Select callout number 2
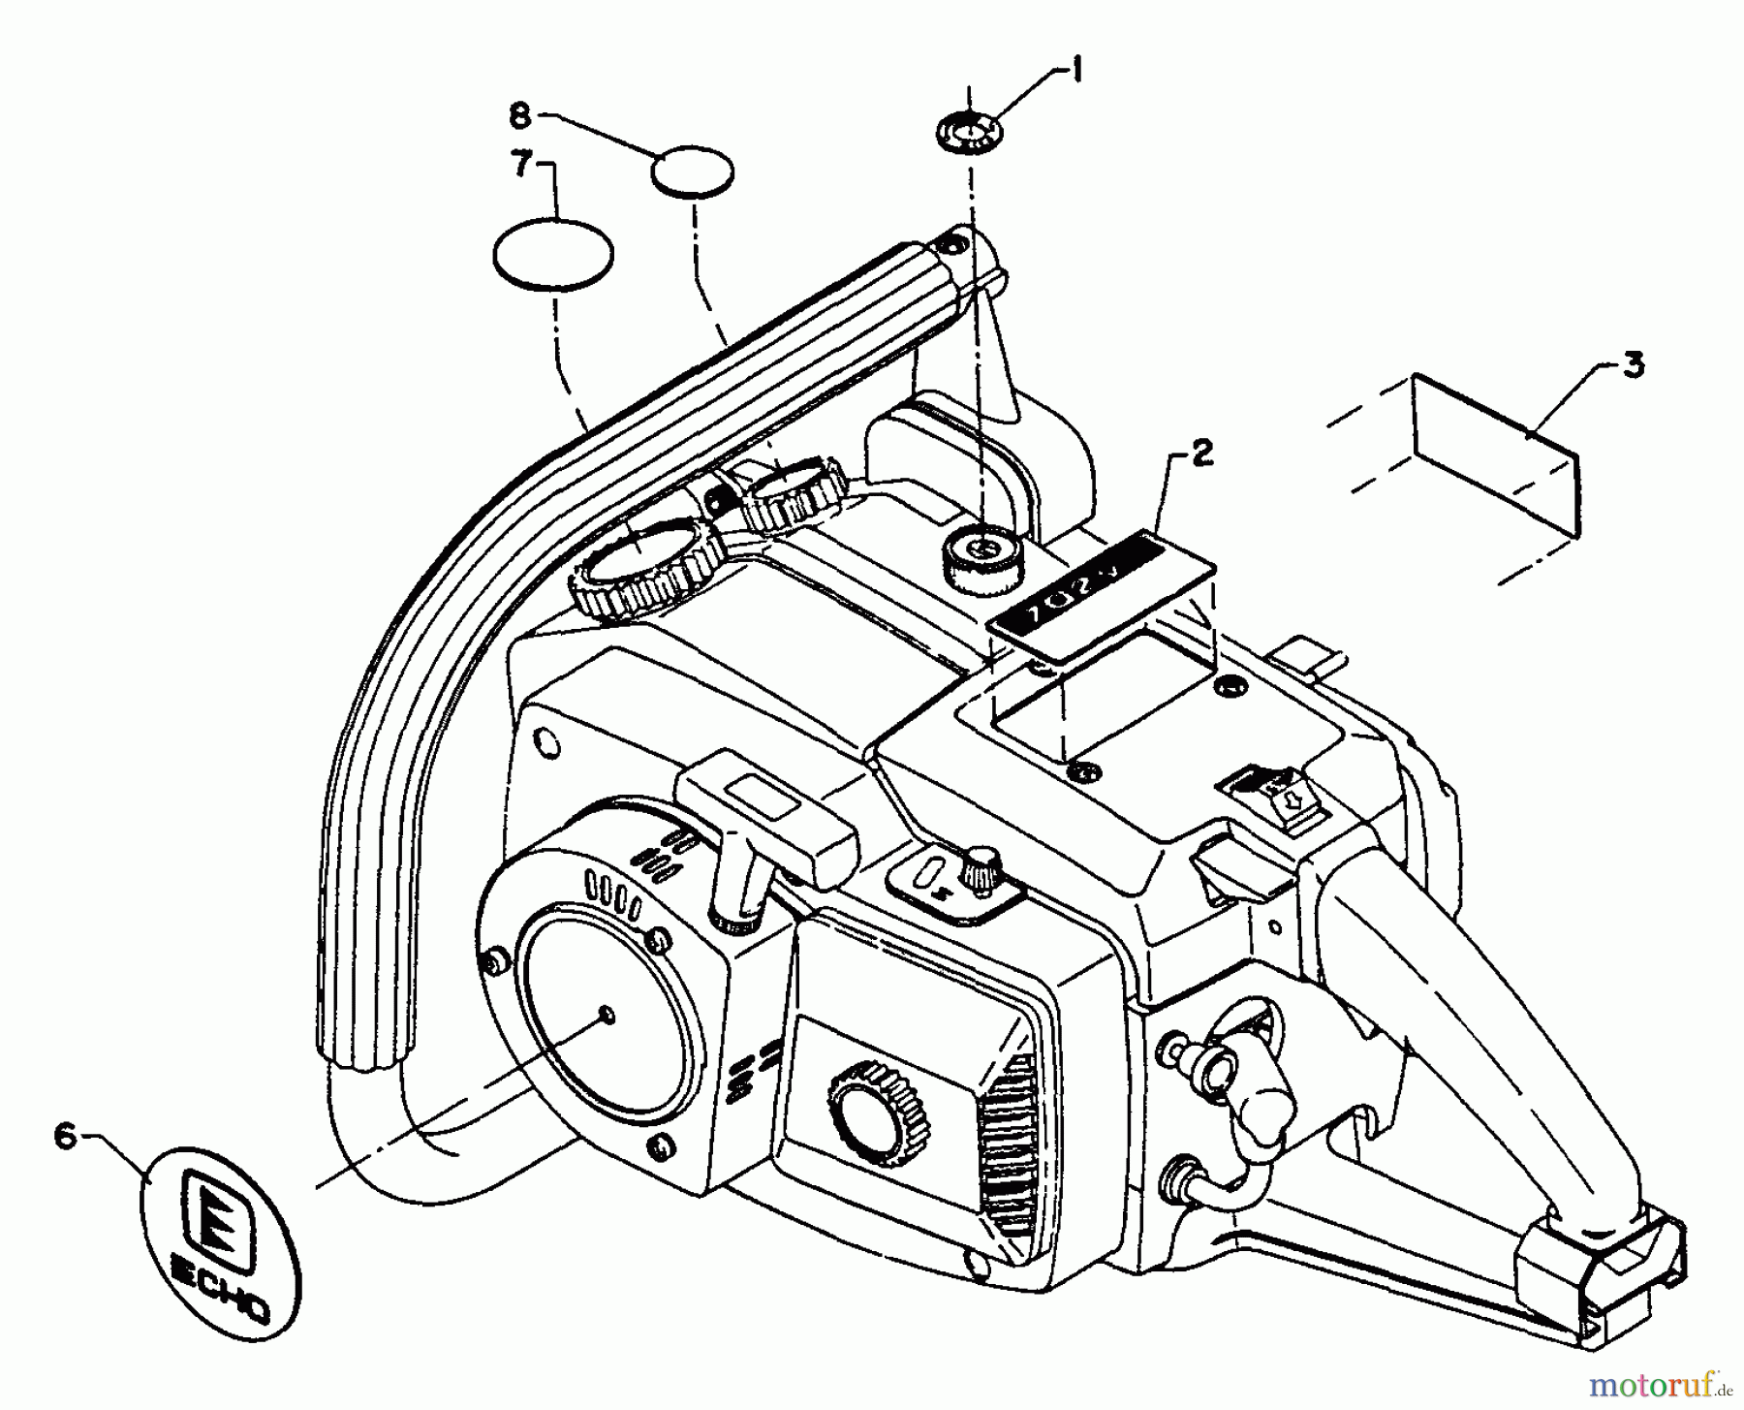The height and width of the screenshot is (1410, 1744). click(x=1201, y=453)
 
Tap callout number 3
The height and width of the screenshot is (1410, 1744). click(x=1634, y=367)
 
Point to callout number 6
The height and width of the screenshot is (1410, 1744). click(x=65, y=1136)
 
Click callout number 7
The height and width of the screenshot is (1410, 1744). click(x=523, y=166)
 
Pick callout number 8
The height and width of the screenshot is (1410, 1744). click(x=520, y=116)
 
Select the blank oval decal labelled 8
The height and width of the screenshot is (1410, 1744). click(x=692, y=172)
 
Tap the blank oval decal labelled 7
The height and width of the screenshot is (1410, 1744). click(x=553, y=253)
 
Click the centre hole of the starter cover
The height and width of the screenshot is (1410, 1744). click(x=607, y=1015)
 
